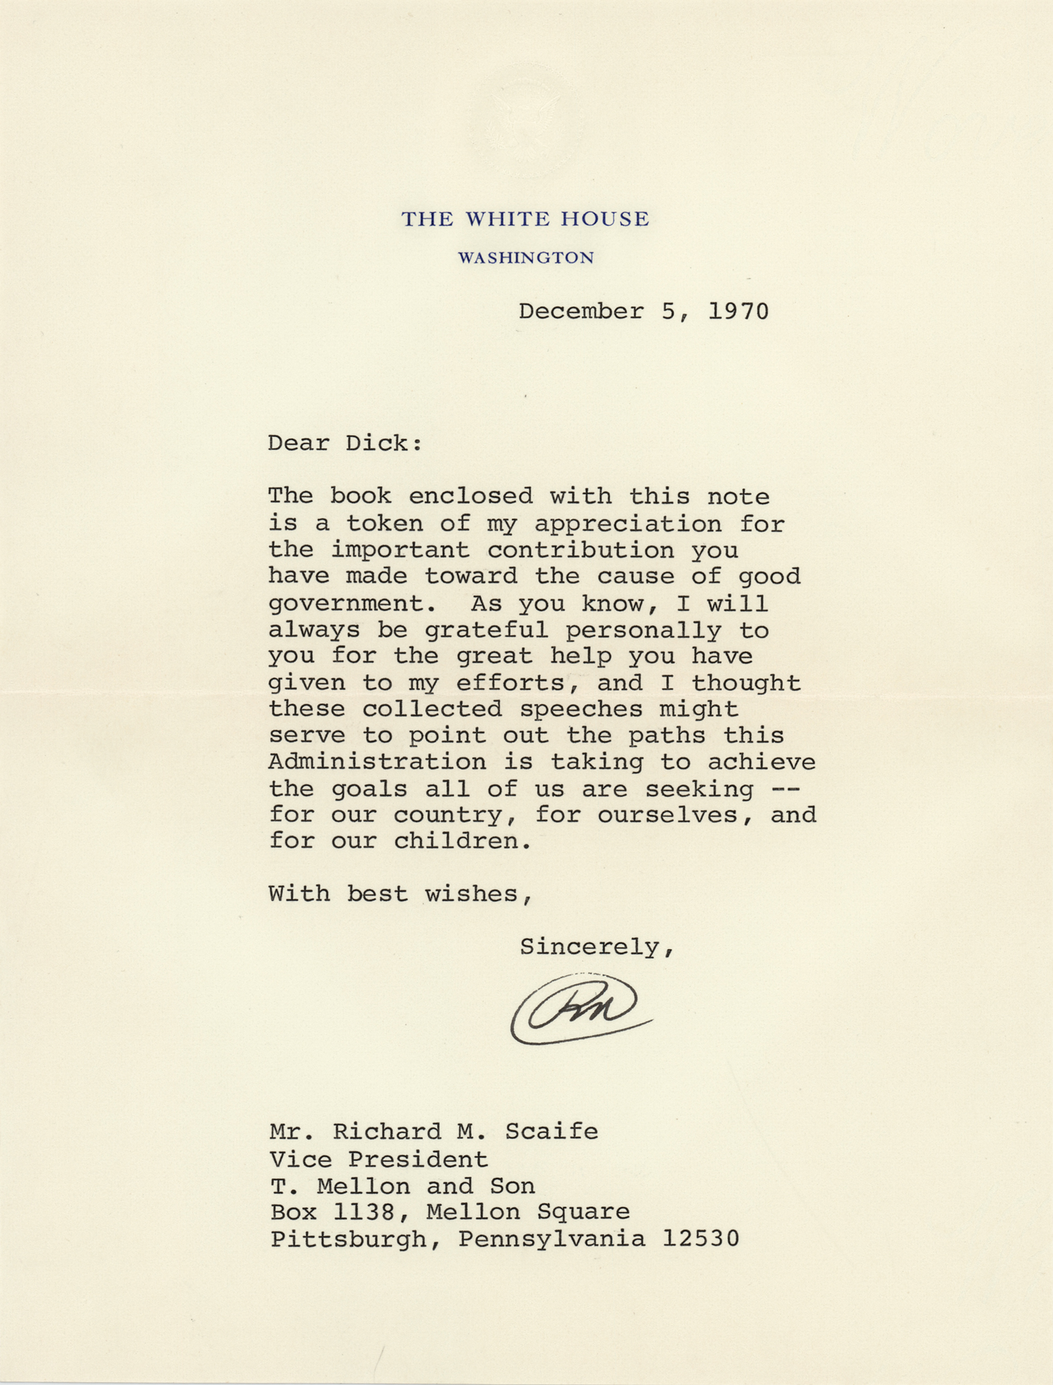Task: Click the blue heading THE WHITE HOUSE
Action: pyautogui.click(x=525, y=220)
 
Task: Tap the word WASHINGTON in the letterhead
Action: pyautogui.click(x=526, y=258)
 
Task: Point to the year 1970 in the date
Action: pyautogui.click(x=738, y=311)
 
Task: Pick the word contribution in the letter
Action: pyautogui.click(x=581, y=551)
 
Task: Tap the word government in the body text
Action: pyautogui.click(x=353, y=604)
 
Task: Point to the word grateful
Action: pyautogui.click(x=486, y=630)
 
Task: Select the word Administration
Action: pyautogui.click(x=377, y=762)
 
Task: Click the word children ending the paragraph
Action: pyautogui.click(x=462, y=841)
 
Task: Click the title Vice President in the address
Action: pyautogui.click(x=379, y=1159)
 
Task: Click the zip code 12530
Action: pyautogui.click(x=700, y=1238)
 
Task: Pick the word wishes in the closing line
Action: pyautogui.click(x=478, y=894)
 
